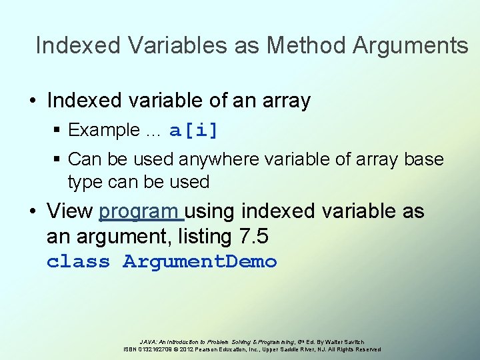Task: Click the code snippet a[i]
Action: pos(194,131)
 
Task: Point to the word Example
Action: pos(104,130)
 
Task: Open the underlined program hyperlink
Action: pos(140,211)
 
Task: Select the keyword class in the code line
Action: pos(78,262)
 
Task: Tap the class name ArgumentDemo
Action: pos(200,262)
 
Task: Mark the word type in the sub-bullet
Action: pos(86,181)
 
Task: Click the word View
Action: pos(69,211)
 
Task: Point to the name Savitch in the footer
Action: pos(351,341)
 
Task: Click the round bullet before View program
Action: pos(32,211)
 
